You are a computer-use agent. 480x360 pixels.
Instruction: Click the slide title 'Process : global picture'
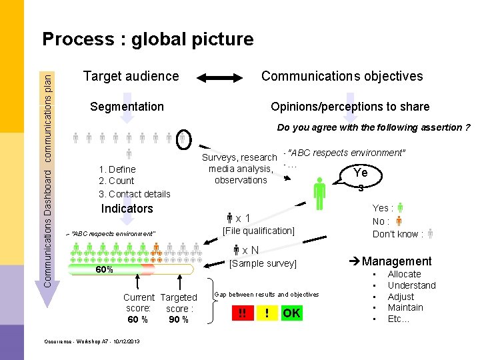coord(147,39)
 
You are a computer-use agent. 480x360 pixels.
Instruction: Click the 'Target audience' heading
coord(131,76)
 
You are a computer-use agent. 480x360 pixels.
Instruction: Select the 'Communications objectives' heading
coord(342,76)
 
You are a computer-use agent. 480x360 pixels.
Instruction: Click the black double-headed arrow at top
coord(223,77)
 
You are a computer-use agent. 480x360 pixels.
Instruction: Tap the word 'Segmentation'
coord(127,107)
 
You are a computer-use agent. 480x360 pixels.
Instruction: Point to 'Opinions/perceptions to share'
coord(350,107)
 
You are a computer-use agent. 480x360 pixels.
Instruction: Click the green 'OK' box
coord(291,313)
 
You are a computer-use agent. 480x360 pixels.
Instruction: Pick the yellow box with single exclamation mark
coord(267,313)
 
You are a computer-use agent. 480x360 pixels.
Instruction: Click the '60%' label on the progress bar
coord(104,270)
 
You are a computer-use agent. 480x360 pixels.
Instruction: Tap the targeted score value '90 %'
coord(178,319)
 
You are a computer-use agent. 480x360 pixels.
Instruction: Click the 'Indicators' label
coord(127,209)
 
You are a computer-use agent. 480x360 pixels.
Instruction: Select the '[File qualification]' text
coord(259,231)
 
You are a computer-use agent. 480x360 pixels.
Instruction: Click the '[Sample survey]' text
coord(263,263)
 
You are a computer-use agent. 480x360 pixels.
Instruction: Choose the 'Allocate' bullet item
coord(404,274)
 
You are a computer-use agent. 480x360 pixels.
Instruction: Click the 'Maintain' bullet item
coord(405,307)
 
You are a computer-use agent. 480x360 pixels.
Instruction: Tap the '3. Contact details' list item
coord(135,194)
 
